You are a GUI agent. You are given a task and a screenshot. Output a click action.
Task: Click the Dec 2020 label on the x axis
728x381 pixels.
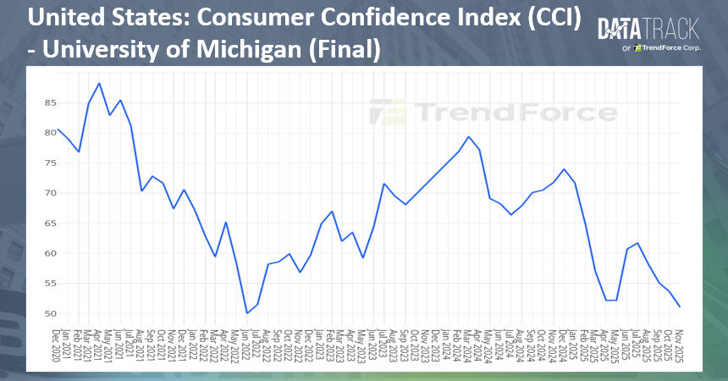click(x=58, y=346)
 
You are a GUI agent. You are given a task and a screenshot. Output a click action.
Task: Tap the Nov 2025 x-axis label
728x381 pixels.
click(x=681, y=346)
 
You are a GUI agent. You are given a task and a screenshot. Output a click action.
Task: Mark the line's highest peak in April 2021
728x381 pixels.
click(x=99, y=83)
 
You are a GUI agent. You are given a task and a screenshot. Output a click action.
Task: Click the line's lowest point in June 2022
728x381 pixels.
click(x=247, y=313)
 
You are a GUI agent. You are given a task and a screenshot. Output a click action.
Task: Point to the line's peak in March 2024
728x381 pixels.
click(x=468, y=136)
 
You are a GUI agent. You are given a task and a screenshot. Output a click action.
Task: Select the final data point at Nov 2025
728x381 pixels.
click(x=680, y=306)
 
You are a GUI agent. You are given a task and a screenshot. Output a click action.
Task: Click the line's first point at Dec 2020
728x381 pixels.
click(x=58, y=130)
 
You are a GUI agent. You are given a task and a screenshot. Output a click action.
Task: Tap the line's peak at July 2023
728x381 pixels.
click(x=383, y=184)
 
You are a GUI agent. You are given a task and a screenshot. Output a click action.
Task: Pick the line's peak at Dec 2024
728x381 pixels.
click(x=564, y=169)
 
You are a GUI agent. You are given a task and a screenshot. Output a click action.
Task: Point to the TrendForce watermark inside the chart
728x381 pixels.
click(x=494, y=113)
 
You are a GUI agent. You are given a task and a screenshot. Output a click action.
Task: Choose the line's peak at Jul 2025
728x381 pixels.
click(x=637, y=243)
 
